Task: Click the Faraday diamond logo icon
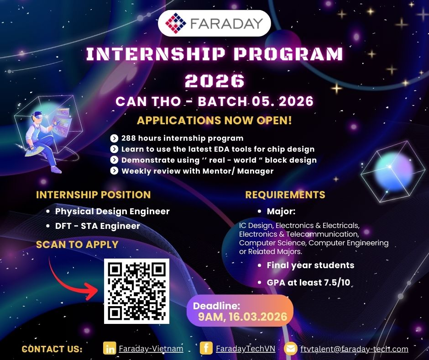176,23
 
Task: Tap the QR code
137,291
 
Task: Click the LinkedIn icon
110,348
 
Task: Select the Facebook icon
206,348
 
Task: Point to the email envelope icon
291,349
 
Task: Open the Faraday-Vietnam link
151,349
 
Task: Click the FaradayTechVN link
246,349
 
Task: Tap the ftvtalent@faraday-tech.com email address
354,349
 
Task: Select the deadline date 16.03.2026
258,317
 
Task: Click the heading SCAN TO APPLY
77,244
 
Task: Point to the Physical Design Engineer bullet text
112,211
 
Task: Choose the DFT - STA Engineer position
97,226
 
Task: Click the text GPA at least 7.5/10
309,282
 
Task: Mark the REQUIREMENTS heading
285,195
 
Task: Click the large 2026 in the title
214,81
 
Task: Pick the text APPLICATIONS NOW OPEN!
214,120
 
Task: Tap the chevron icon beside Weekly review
114,171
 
